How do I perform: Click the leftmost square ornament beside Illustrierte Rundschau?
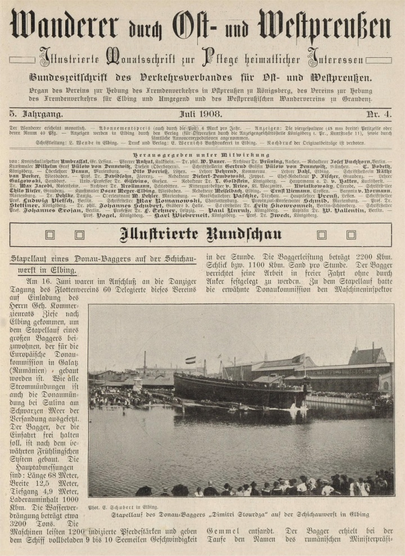[51, 235]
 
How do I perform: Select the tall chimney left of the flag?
[145, 363]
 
